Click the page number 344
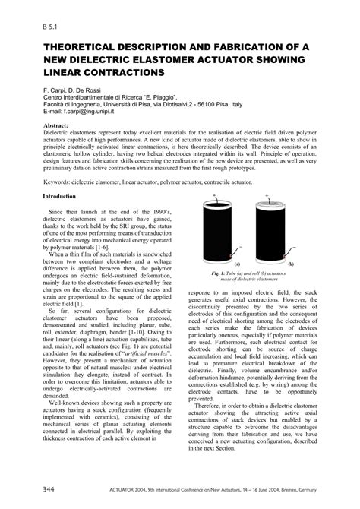pyautogui.click(x=33, y=490)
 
